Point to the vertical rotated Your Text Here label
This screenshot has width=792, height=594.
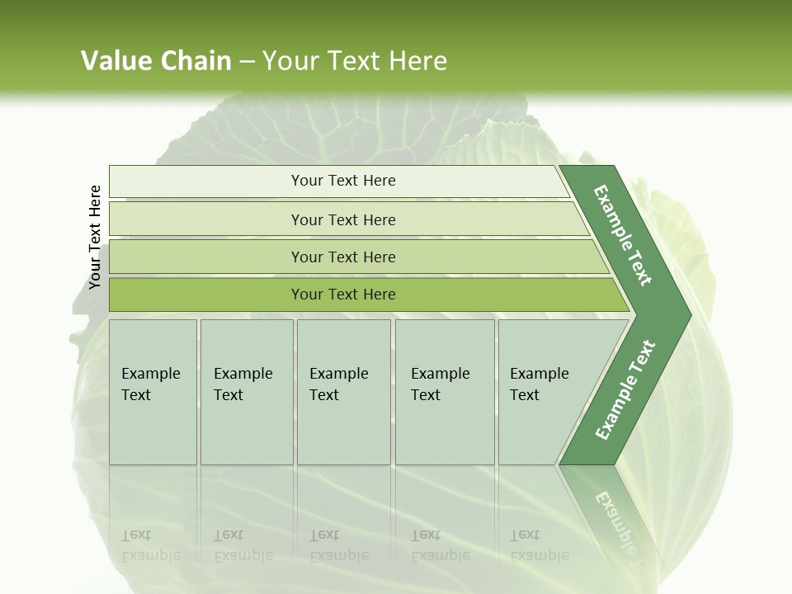coord(95,238)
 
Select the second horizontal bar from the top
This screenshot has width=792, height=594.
coord(342,219)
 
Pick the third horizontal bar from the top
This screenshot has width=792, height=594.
coord(342,257)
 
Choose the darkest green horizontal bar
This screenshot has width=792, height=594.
coord(342,295)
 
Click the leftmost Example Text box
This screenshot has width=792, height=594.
coord(153,392)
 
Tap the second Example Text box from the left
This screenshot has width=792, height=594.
coord(247,392)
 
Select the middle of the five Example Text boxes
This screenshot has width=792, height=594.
coord(343,392)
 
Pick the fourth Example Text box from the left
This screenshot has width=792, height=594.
coord(445,392)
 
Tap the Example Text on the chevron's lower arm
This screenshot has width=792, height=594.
coord(625,389)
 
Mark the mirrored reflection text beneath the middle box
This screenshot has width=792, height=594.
coord(339,545)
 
